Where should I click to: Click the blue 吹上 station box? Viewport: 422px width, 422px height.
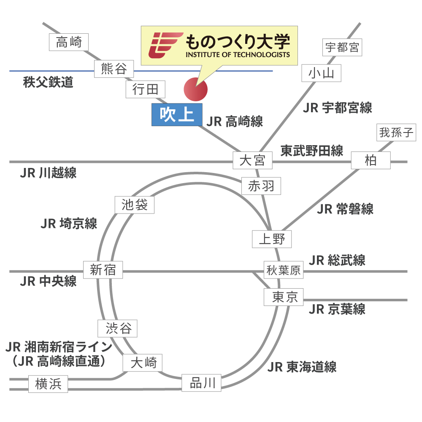click(x=177, y=114)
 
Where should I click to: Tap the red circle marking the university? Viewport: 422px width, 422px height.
click(x=196, y=89)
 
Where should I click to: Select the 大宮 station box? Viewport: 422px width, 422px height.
click(x=252, y=161)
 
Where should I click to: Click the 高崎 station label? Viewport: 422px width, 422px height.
click(x=68, y=42)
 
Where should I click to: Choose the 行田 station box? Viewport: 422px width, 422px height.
click(x=145, y=89)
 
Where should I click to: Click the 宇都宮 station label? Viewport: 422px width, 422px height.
click(x=342, y=47)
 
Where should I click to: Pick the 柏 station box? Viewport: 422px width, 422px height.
click(x=371, y=161)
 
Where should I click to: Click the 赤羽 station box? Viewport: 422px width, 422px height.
click(x=261, y=186)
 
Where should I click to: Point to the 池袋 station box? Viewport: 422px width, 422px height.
click(x=135, y=205)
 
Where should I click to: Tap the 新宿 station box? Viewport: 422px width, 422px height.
click(x=103, y=270)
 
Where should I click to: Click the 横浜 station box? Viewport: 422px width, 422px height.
click(x=48, y=384)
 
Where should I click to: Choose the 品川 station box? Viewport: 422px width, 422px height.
click(x=201, y=383)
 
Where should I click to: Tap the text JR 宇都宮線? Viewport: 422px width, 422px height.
click(x=337, y=108)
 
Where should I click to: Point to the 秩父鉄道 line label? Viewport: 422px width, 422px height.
click(x=48, y=82)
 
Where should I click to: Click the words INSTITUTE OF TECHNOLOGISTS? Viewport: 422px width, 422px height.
click(x=238, y=55)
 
